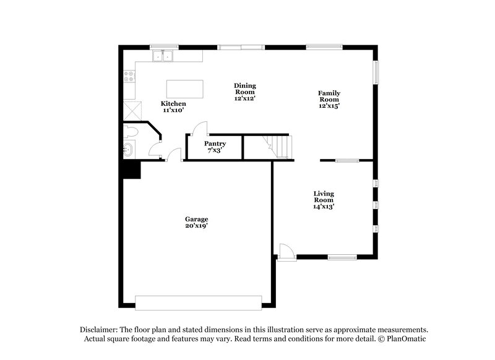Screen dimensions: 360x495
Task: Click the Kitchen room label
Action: pos(173,103)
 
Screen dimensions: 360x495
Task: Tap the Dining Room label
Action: pos(244,89)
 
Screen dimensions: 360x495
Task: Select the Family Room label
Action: pos(329,96)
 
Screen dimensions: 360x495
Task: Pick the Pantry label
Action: pos(215,144)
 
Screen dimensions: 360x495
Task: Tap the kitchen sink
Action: pos(164,56)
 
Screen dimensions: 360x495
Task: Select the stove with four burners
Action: pos(130,77)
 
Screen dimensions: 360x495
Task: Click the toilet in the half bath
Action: pos(131,131)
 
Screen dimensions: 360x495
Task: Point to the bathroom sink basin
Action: pos(128,149)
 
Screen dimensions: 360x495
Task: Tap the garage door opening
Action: pos(199,302)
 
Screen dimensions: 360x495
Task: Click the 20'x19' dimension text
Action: pos(197,226)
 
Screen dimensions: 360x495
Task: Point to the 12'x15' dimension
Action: pos(329,106)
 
